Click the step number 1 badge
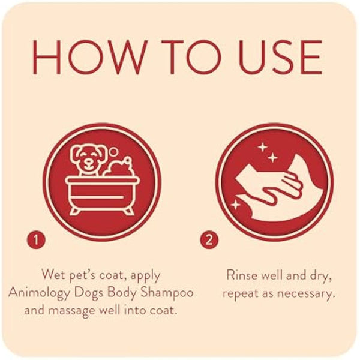(36, 241)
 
